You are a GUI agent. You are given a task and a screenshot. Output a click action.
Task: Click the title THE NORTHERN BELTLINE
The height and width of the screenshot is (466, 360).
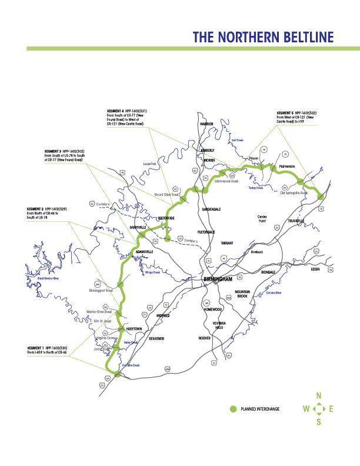263,38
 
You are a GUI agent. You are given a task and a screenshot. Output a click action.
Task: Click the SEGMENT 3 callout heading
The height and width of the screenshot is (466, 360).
54,151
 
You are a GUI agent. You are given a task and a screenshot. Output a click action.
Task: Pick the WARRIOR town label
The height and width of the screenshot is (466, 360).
206,124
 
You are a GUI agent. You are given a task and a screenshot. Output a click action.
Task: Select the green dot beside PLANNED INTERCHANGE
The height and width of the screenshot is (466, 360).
232,408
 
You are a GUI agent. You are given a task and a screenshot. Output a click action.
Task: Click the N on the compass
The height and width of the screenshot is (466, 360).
319,396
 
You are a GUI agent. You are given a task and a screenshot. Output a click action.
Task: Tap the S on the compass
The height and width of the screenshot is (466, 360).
319,421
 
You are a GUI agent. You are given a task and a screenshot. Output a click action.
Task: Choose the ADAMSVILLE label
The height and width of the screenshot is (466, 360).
144,251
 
